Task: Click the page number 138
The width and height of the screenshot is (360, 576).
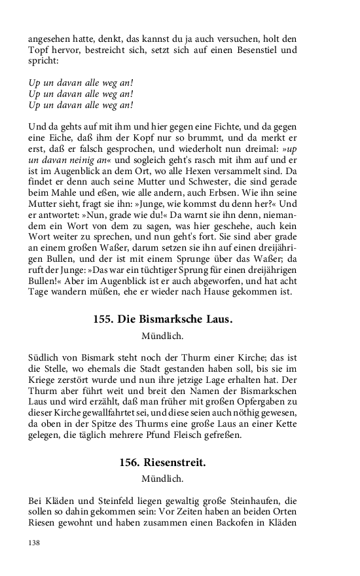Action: (x=34, y=543)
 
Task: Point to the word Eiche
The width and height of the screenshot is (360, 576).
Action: (x=52, y=137)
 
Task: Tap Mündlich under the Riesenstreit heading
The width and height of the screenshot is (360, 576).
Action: (x=162, y=479)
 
